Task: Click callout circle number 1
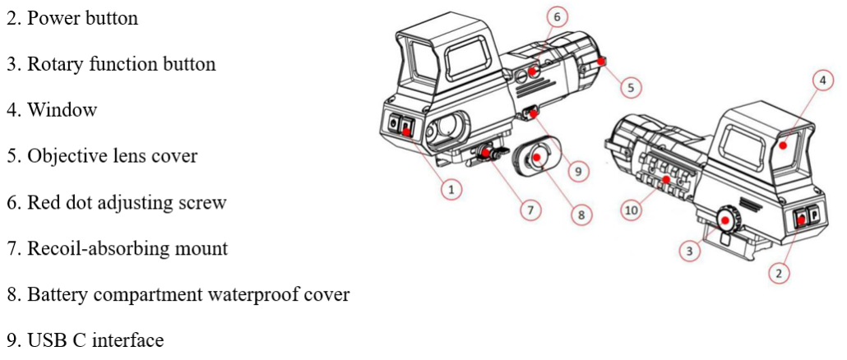point(451,189)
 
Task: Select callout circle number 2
point(779,273)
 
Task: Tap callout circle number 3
point(690,251)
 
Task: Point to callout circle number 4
point(822,81)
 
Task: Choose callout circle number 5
point(630,86)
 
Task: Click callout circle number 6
point(557,16)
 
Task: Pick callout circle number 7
point(530,210)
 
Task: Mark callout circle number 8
point(581,215)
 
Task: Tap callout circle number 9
point(577,171)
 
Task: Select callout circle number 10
point(632,210)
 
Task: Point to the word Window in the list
point(62,110)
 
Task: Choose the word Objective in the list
point(67,156)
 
